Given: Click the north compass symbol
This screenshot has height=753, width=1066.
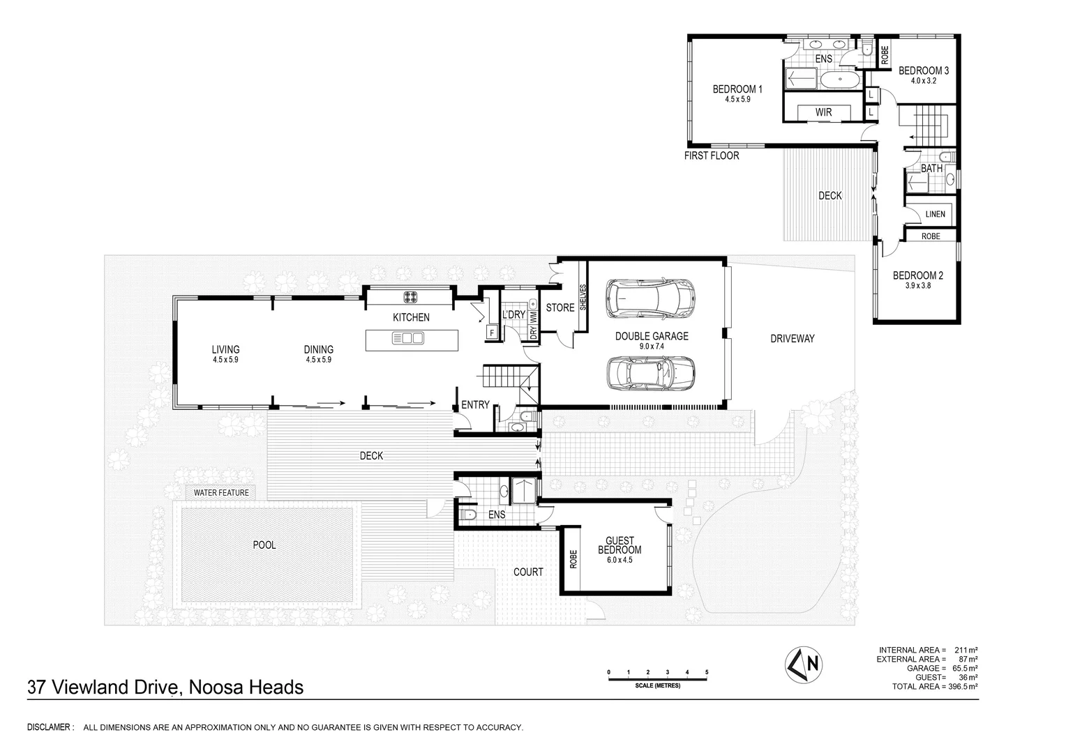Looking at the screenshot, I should pos(804,663).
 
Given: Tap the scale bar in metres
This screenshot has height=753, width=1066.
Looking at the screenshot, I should pos(658,675).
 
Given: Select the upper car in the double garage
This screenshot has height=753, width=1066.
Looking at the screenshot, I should pos(650,296).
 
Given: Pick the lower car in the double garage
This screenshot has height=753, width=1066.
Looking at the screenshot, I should pos(650,374).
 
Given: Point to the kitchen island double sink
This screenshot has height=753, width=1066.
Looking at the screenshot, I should pos(408,339).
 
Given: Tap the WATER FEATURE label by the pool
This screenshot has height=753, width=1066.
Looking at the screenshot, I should pos(220,493).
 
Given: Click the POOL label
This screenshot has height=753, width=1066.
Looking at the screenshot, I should pos(264,545).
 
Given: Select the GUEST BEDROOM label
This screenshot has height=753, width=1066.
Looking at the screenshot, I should pos(620,545).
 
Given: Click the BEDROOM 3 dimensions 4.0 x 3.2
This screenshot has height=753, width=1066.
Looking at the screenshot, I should pos(922,81).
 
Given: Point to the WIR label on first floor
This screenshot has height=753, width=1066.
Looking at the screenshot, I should pos(823,112).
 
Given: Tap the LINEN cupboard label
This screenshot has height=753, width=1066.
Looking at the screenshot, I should pos(935,215).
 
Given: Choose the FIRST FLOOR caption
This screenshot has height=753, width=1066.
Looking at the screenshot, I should pos(711,156).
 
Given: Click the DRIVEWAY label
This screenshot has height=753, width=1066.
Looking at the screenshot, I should pos(792,339).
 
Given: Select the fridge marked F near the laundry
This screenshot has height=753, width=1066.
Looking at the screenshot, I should pos(492,333).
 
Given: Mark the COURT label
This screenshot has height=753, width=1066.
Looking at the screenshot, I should pos(528,572).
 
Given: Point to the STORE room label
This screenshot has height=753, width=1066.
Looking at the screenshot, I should pos(560,307).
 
